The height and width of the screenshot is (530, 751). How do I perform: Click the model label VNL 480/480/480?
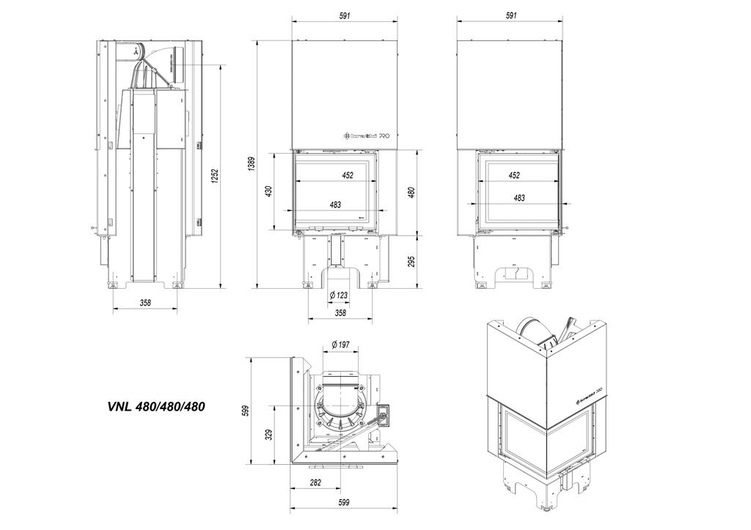coord(155,408)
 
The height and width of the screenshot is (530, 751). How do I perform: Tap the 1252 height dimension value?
coord(215,177)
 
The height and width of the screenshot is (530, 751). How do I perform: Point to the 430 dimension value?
coord(269,191)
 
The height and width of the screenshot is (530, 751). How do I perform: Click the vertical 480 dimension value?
coord(412,192)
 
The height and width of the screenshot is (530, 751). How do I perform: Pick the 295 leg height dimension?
coord(412,261)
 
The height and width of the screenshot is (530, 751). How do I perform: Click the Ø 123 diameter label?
coord(339,295)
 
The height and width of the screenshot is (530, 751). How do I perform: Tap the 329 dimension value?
coord(269,435)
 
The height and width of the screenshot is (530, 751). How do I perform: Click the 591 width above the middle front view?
coord(346,15)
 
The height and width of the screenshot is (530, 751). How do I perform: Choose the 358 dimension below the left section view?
coord(145,303)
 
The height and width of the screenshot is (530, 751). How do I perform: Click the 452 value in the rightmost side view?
coord(514,175)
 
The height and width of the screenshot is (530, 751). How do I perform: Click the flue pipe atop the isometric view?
coord(532,330)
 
